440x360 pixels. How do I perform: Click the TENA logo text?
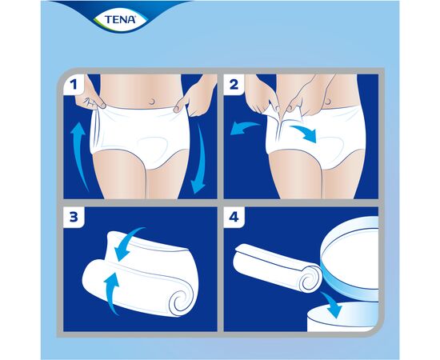point(120,19)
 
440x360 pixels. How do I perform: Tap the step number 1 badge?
point(74,84)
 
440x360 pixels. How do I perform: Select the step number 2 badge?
point(234,84)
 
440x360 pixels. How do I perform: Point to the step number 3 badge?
point(74,217)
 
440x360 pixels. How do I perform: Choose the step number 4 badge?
point(234,217)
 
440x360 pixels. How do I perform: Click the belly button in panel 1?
point(153,102)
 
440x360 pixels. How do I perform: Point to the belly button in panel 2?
point(328,100)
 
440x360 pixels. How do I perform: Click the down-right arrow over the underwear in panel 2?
point(305,133)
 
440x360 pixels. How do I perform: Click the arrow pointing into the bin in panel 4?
point(333,305)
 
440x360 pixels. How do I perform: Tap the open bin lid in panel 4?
point(350,258)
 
